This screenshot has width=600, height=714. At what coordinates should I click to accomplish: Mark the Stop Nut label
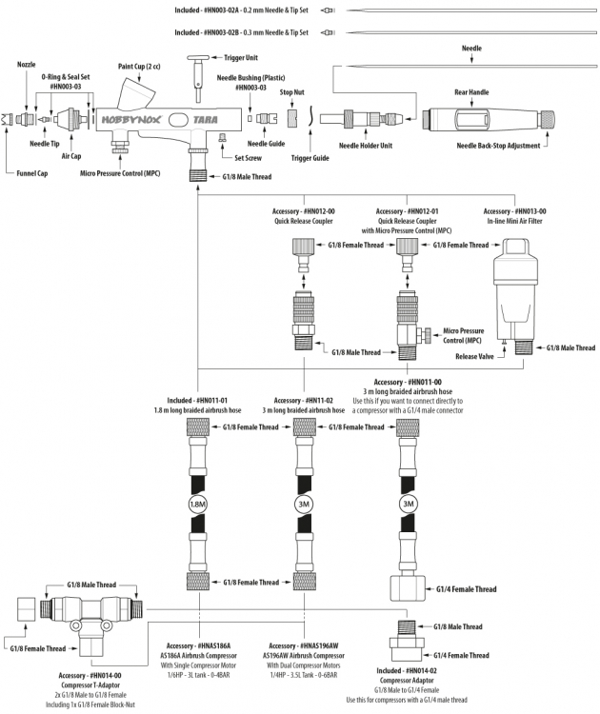coord(291,93)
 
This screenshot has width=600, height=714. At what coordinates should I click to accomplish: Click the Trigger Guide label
coord(310,157)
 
